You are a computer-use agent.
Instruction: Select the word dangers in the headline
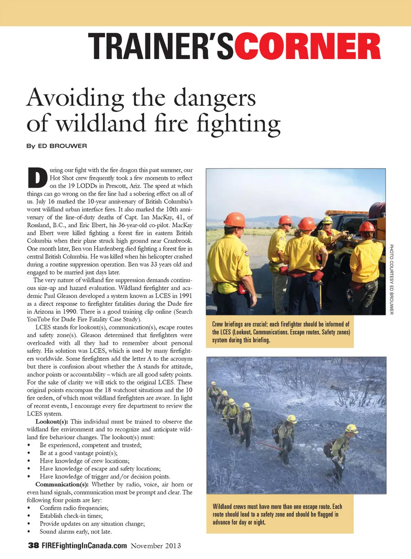[214, 98]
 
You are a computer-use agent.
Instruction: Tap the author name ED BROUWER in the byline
[63, 146]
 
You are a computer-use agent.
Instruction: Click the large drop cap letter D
[37, 178]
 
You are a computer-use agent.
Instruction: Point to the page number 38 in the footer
[33, 545]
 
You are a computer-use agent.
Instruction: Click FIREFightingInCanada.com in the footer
[84, 545]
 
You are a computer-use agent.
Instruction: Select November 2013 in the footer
[156, 546]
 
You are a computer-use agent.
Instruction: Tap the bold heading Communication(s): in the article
[62, 485]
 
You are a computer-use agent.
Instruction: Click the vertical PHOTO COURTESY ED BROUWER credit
[391, 279]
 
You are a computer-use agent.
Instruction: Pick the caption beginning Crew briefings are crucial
[280, 332]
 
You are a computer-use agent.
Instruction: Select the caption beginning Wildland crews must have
[277, 514]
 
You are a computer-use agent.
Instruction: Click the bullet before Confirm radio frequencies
[29, 508]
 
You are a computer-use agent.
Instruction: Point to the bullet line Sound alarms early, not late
[75, 532]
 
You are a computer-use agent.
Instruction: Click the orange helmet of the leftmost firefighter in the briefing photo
[234, 219]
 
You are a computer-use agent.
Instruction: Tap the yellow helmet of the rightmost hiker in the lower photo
[351, 428]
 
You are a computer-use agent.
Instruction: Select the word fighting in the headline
[238, 124]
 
